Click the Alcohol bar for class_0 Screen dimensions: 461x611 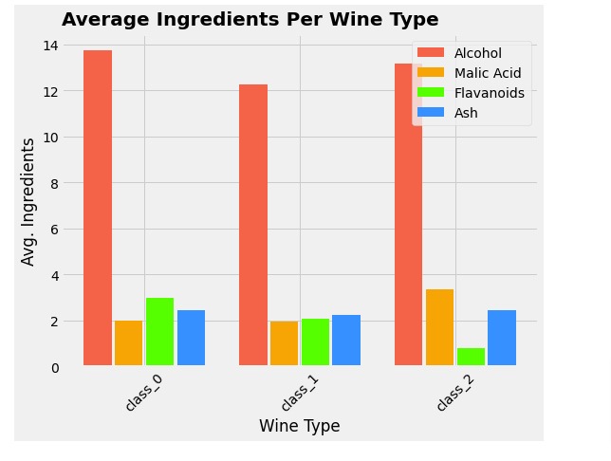tap(98, 208)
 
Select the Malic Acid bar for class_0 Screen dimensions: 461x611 tap(128, 342)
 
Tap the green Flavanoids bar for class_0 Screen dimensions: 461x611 tap(159, 331)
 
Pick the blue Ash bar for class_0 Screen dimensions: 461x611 tap(191, 338)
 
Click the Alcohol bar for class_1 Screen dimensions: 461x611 tap(253, 225)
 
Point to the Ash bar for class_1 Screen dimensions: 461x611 tap(346, 340)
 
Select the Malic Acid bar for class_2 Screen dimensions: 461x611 tap(439, 327)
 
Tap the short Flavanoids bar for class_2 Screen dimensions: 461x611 tap(471, 356)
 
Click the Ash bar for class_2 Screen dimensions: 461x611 tap(502, 338)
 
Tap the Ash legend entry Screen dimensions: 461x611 tap(465, 113)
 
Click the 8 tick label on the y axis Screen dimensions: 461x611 tap(54, 183)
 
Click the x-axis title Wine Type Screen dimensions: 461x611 tap(299, 426)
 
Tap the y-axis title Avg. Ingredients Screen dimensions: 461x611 tap(28, 201)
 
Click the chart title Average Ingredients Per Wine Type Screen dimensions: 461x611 tap(250, 20)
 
